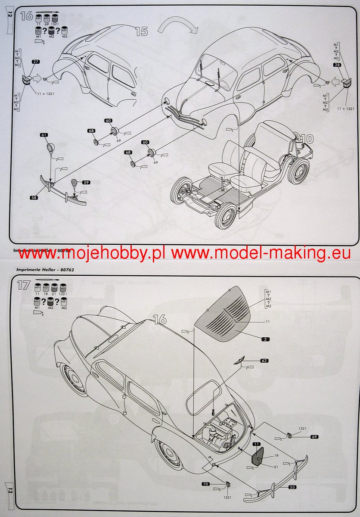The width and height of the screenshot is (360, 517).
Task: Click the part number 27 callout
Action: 36,62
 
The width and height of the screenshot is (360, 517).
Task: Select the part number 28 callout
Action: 337,65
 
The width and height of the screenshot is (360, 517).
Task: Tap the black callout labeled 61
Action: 44,135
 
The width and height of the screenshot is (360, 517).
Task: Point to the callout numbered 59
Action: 86,183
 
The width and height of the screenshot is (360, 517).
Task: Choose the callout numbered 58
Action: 34,197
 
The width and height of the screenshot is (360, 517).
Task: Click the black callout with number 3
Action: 266,339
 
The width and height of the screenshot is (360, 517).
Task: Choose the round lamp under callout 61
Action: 51,152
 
